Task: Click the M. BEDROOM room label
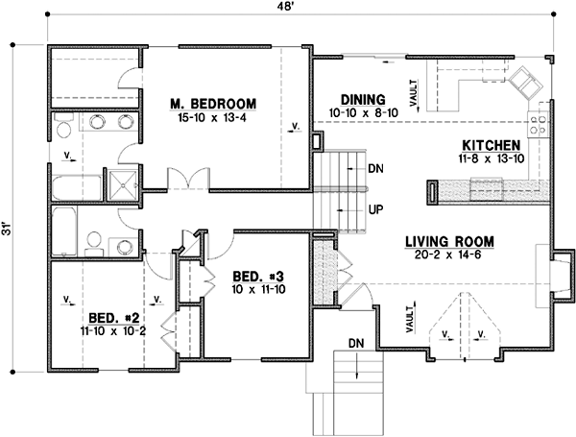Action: pos(212,103)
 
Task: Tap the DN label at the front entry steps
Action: pos(355,342)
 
